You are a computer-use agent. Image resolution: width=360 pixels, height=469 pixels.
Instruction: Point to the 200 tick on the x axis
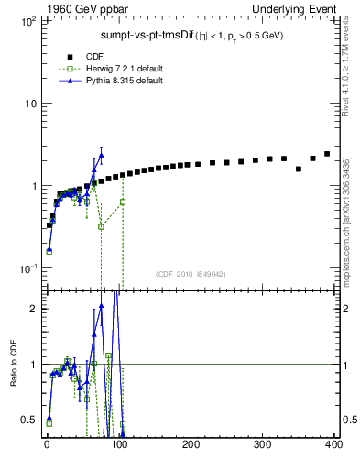[x=191, y=445]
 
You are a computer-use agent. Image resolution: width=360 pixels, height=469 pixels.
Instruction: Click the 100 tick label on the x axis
[x=119, y=445]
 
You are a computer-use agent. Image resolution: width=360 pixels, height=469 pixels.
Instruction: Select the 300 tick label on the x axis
[x=263, y=445]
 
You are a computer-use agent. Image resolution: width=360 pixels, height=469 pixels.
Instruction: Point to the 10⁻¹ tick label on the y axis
[x=27, y=268]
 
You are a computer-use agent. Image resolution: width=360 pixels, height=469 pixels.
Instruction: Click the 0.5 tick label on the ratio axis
[x=29, y=420]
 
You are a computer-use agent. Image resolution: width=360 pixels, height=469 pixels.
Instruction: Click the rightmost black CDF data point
[x=327, y=154]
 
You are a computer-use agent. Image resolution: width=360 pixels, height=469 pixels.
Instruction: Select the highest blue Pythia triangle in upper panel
[x=101, y=155]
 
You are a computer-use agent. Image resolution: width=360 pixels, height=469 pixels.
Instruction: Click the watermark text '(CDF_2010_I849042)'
[x=189, y=273]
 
